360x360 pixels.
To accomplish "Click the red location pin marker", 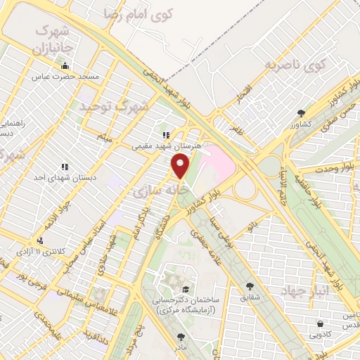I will coord(181,166).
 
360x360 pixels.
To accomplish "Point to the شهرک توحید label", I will coord(113,107).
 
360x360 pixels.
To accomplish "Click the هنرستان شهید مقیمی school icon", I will coord(166,136).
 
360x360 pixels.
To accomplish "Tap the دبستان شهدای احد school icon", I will coord(64,167).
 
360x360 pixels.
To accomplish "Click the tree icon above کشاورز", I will coord(301,113).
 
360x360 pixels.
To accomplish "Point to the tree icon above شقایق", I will coord(250,286).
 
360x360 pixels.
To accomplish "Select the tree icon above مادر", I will coord(181,337).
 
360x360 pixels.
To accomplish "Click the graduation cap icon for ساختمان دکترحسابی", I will coord(185,289).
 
